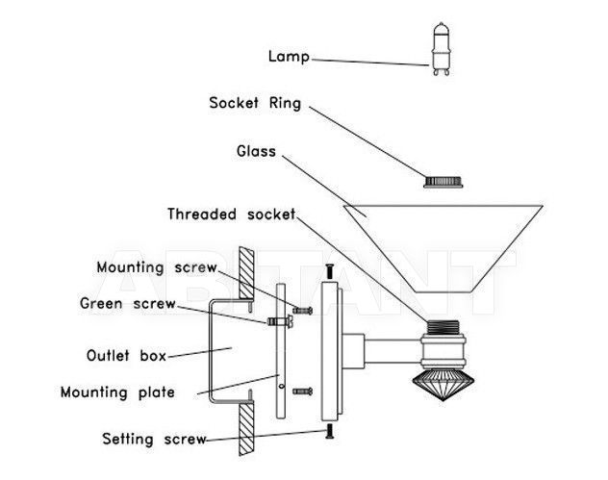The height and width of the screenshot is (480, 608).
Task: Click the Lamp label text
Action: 289,57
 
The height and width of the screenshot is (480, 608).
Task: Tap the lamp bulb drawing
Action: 442,49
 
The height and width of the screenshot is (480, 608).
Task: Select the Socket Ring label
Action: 255,103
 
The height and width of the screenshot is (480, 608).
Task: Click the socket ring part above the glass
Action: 443,182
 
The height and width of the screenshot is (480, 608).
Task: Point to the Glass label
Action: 256,151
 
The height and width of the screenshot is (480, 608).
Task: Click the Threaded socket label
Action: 231,214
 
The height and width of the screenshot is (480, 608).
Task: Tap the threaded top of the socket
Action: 443,328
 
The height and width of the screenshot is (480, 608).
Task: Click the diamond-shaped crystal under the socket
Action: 443,384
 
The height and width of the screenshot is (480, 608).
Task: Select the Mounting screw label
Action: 156,267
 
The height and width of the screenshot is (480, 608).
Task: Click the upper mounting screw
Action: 302,310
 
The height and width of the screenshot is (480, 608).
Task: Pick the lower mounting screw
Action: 302,392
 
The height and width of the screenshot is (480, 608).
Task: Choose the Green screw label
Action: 128,303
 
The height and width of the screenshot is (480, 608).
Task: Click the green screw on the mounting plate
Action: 280,321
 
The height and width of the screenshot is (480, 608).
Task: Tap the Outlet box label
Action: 126,356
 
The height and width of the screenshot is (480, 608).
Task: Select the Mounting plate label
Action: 117,392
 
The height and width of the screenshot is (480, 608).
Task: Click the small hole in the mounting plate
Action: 282,386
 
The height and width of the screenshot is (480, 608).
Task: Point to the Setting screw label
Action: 154,440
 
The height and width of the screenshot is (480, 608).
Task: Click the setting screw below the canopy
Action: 330,431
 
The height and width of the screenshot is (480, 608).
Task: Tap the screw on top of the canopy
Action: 330,271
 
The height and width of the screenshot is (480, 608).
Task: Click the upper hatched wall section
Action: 246,273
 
